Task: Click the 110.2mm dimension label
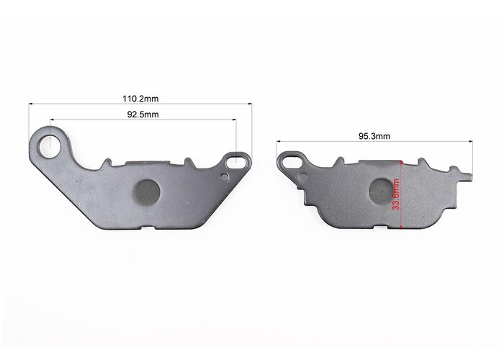140,99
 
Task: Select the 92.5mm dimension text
143,114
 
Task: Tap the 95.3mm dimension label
374,136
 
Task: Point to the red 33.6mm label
396,194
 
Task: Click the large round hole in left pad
50,146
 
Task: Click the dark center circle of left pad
147,192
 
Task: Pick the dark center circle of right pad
382,192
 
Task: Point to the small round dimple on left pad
225,176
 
